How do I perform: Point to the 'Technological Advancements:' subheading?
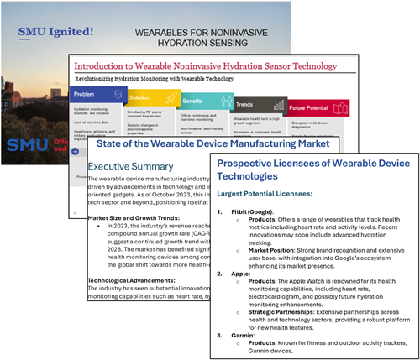pos(134,308)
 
